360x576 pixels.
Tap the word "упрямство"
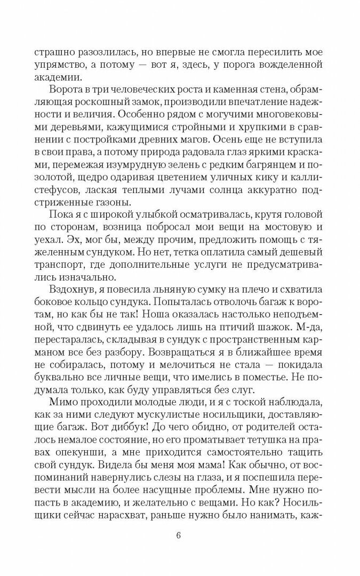pos(58,65)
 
